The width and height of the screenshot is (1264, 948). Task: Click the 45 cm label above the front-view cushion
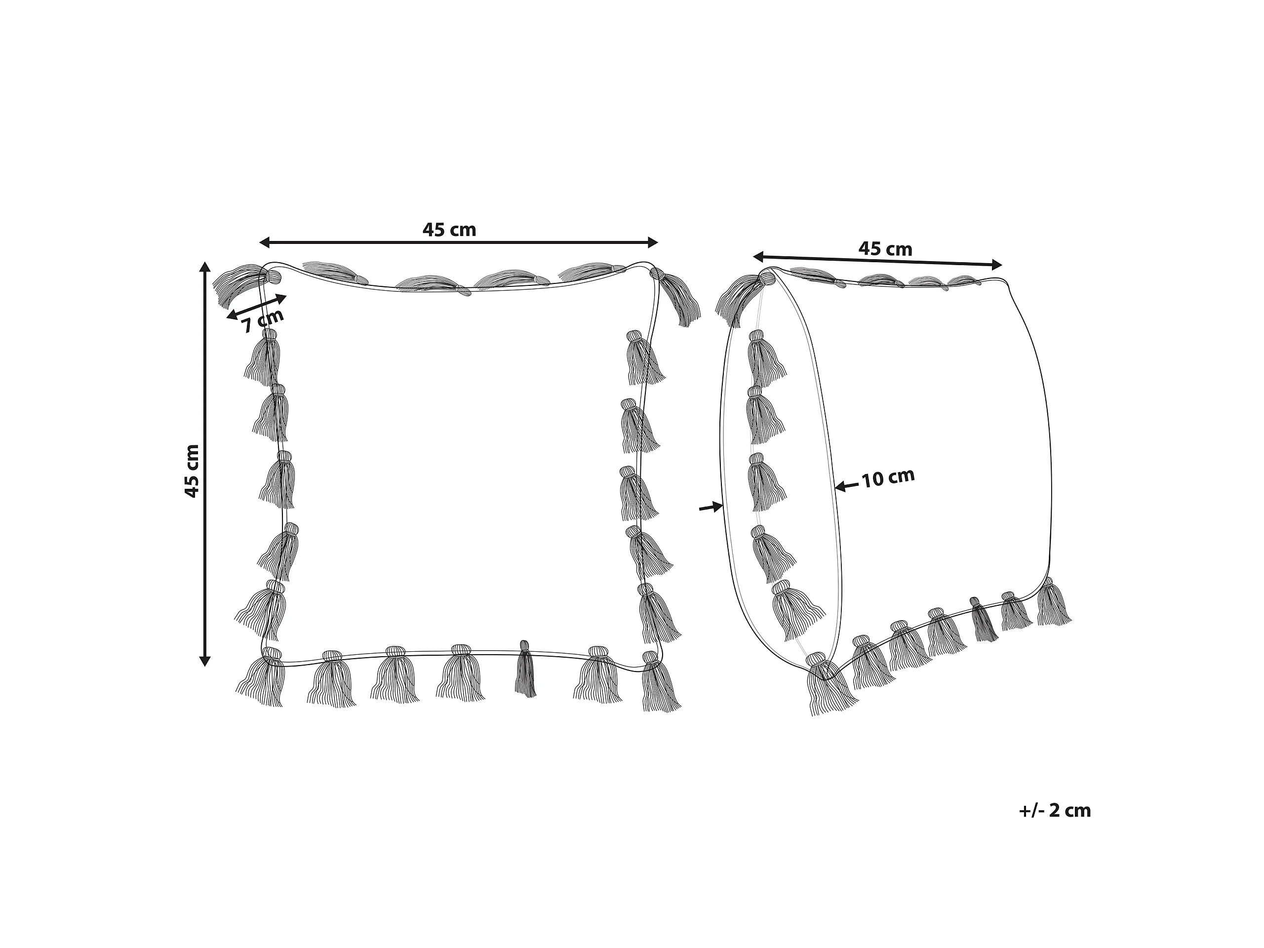point(449,230)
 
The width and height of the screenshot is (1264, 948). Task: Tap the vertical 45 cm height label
point(192,470)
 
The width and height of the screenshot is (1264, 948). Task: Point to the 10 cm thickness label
point(888,478)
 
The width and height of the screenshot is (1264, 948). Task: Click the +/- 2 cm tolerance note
point(1054,811)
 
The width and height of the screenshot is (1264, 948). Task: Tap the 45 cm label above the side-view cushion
point(885,249)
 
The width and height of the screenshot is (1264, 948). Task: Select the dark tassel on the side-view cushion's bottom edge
point(983,620)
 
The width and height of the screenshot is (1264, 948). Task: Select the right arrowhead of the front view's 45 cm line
point(652,243)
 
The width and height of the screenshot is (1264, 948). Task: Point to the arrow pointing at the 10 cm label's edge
point(846,486)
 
